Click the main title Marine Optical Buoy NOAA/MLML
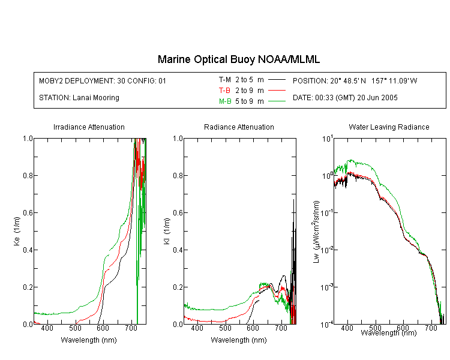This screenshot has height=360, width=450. pos(238,59)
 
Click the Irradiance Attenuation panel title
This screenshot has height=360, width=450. pos(89,127)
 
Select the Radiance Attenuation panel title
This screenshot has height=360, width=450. pos(239,127)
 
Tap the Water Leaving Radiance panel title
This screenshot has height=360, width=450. pos(389,127)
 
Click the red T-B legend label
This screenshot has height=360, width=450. pos(224,91)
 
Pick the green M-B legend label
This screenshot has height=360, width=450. pos(225,101)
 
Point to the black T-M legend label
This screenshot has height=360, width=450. pos(225,80)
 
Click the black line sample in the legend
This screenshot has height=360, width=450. pos(277,80)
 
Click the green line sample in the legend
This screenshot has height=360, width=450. pos(277,101)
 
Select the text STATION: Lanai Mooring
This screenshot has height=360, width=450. pos(79,98)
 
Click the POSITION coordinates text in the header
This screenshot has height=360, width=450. pos(355,80)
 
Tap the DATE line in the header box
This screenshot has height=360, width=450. pos(345,98)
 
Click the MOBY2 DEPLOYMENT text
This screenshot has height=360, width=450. pos(103,80)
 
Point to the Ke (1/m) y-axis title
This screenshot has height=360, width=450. pos(17,232)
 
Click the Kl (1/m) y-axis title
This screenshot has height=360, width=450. pos(167,232)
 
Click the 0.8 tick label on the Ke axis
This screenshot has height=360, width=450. pos(28,175)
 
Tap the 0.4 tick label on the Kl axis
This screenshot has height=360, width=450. pos(178,250)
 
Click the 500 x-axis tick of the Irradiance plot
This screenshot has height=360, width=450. pos(75,328)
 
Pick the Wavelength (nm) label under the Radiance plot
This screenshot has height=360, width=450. pos(239,340)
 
